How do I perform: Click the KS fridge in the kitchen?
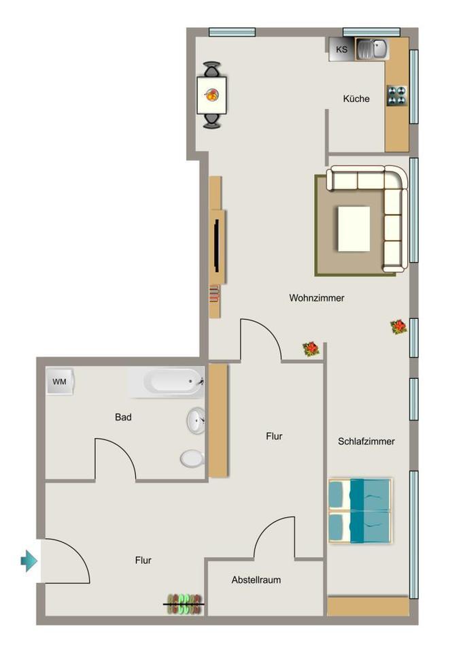[x=341, y=49]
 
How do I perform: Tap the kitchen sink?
[x=372, y=49]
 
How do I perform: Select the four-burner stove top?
[x=396, y=95]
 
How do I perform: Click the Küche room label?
[x=356, y=99]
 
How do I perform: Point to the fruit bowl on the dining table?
[x=211, y=95]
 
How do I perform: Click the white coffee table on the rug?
[x=354, y=229]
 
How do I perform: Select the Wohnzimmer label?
[x=316, y=298]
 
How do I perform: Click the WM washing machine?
[x=60, y=381]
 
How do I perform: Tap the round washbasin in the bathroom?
[x=195, y=420]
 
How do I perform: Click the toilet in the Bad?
[x=192, y=458]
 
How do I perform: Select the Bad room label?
[x=123, y=417]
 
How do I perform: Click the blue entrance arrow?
[x=29, y=560]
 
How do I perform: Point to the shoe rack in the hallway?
[x=184, y=604]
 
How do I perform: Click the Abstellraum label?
[x=256, y=580]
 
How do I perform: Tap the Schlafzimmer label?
[x=366, y=441]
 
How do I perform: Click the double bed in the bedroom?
[x=360, y=511]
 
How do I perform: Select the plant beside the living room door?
[x=311, y=349]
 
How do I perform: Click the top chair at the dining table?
[x=212, y=69]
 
